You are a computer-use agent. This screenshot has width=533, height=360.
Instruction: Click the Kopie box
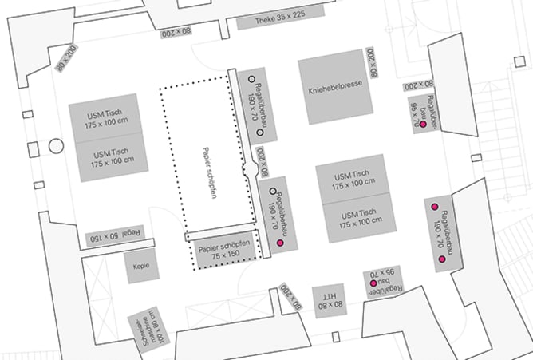[x=142, y=267]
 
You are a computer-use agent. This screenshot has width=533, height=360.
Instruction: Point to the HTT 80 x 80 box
[x=327, y=301]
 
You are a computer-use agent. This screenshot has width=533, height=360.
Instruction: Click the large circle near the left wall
[x=56, y=146]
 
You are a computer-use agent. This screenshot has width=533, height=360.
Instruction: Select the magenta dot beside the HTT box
[x=373, y=284]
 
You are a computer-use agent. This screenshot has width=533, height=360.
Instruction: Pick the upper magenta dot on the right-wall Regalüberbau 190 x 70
[x=435, y=207]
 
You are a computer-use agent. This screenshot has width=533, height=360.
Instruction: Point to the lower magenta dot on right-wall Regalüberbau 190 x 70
[x=441, y=260]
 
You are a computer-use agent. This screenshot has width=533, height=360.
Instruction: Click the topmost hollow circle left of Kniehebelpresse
[x=250, y=79]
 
